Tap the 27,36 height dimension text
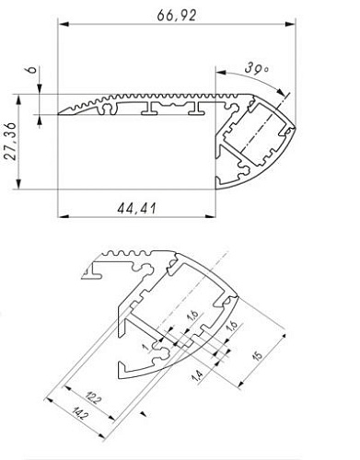coord(10,144)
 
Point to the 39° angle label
coord(259,69)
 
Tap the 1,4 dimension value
coord(198,375)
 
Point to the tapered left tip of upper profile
coord(61,113)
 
